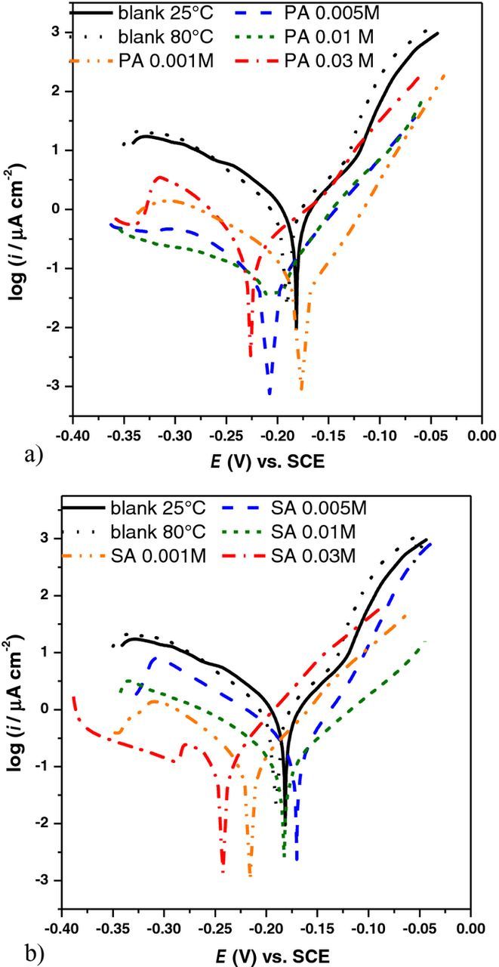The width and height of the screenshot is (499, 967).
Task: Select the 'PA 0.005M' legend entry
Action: (x=336, y=13)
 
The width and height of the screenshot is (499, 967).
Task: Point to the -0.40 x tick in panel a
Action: (x=73, y=437)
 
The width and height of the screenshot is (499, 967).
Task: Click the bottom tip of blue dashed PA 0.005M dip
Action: (x=270, y=394)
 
